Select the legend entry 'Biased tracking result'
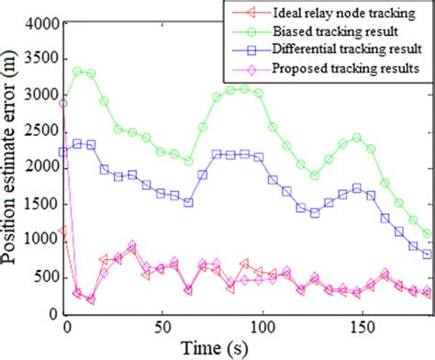point(329,30)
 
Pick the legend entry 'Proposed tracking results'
point(336,67)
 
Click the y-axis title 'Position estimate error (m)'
point(12,170)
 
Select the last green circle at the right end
point(428,234)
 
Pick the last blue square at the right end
point(428,253)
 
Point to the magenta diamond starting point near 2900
point(64,104)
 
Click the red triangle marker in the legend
point(240,12)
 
